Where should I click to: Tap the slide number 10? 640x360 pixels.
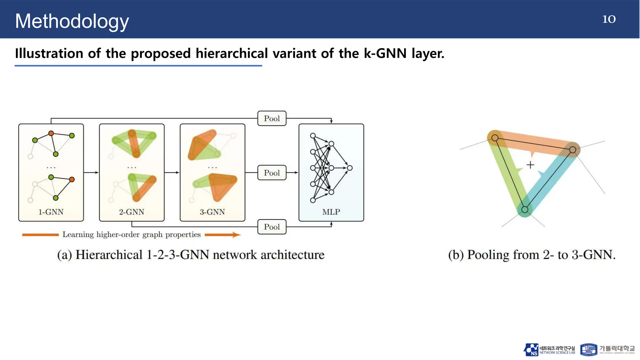(x=609, y=19)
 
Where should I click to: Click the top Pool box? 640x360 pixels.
(x=272, y=118)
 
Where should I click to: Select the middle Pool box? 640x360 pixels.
(x=272, y=173)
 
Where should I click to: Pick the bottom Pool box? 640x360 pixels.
(x=272, y=227)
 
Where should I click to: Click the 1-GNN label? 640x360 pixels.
(x=51, y=212)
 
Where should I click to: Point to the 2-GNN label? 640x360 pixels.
(x=132, y=212)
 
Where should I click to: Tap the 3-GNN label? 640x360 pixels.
(x=212, y=212)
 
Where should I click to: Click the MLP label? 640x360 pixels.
(x=331, y=212)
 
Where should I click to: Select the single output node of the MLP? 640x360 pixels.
(x=350, y=168)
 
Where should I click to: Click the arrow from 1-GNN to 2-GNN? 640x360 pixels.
(x=91, y=172)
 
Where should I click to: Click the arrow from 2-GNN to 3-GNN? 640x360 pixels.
(x=172, y=172)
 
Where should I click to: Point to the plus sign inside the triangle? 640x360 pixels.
(x=530, y=165)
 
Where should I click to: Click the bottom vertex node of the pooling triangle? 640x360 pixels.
(x=525, y=210)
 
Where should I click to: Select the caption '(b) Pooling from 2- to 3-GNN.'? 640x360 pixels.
(x=532, y=255)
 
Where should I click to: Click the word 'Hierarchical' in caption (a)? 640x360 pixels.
(x=109, y=255)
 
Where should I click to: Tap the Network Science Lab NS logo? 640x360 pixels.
(x=531, y=350)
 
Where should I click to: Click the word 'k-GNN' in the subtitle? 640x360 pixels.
(x=385, y=53)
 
